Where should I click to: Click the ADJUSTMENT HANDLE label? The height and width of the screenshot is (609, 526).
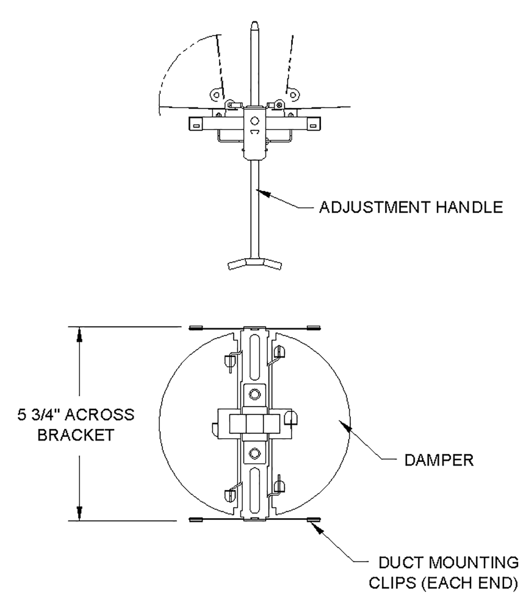click(411, 207)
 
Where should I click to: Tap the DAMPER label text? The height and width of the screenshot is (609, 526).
click(438, 460)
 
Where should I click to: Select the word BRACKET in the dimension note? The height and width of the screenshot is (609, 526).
click(76, 435)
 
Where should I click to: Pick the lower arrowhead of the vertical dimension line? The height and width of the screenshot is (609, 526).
click(80, 513)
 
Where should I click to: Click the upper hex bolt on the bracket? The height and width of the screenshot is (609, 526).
click(253, 394)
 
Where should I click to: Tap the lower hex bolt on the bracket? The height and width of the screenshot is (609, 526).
click(253, 453)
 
